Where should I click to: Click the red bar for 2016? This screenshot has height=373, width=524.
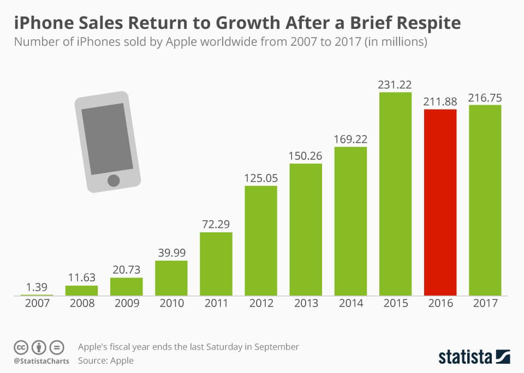click(440, 202)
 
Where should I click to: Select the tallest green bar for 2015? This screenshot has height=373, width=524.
click(395, 194)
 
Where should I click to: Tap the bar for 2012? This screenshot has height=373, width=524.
click(261, 240)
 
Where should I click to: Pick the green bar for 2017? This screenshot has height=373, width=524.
click(485, 200)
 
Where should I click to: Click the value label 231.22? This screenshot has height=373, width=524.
click(395, 85)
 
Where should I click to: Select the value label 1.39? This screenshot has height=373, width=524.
click(37, 287)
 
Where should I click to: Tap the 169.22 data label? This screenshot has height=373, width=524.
click(350, 139)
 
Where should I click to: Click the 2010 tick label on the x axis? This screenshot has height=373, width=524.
click(171, 304)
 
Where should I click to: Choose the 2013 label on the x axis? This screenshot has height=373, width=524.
click(306, 304)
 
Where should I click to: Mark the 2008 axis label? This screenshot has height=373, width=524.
click(81, 304)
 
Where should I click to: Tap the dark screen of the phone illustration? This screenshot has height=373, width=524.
click(107, 139)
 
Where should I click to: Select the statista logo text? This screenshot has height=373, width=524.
click(466, 357)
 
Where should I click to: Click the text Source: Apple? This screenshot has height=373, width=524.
click(105, 360)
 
